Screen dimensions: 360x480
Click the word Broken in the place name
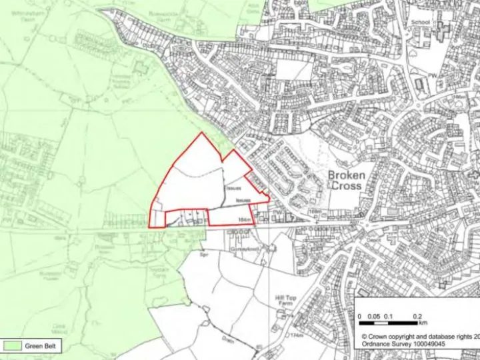[x=347, y=175]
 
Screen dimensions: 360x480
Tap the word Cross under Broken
[x=347, y=187]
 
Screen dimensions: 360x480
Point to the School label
[x=421, y=23]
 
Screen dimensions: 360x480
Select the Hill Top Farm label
[x=285, y=302]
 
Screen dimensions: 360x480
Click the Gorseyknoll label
[x=243, y=247]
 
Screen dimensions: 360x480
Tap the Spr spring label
[x=205, y=255]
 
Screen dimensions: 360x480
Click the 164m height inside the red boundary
[x=243, y=219]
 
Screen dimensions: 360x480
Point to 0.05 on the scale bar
[x=373, y=315]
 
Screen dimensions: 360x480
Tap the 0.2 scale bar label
[x=418, y=315]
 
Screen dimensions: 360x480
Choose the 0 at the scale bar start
[x=359, y=315]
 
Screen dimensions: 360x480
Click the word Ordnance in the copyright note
[x=378, y=345]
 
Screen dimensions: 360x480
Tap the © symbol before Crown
[x=365, y=336]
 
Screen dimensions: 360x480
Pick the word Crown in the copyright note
[x=380, y=336]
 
